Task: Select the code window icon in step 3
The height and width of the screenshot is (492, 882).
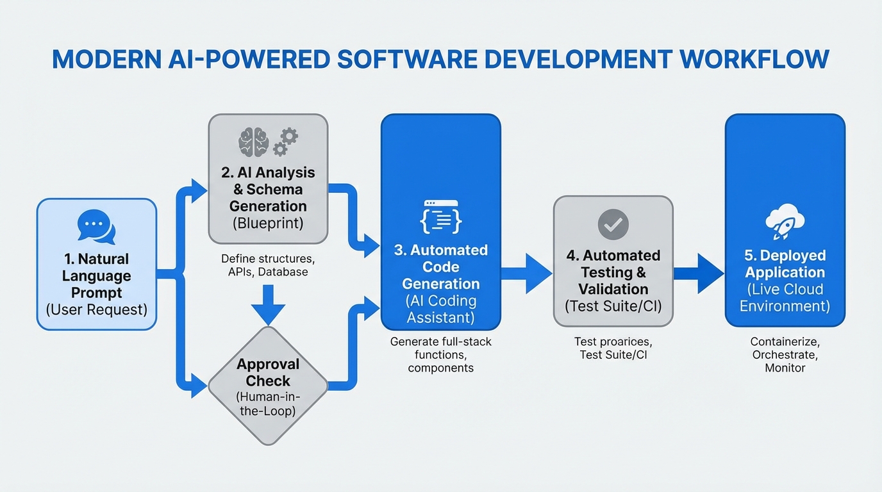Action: pos(440,217)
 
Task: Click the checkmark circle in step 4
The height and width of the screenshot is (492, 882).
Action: pos(613,224)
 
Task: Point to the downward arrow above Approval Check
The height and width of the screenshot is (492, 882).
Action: pos(268,305)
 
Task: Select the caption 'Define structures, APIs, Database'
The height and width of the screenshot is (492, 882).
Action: pos(268,265)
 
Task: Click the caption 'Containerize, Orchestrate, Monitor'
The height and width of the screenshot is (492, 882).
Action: pos(785,355)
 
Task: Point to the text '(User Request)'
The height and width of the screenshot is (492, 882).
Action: pos(96,310)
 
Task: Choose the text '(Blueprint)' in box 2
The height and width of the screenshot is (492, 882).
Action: pos(268,224)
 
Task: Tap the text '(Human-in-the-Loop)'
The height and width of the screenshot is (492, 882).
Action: pos(268,403)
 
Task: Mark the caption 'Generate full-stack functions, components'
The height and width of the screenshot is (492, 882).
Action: pos(440,354)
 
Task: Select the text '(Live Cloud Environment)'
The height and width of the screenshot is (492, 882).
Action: pos(785,297)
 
